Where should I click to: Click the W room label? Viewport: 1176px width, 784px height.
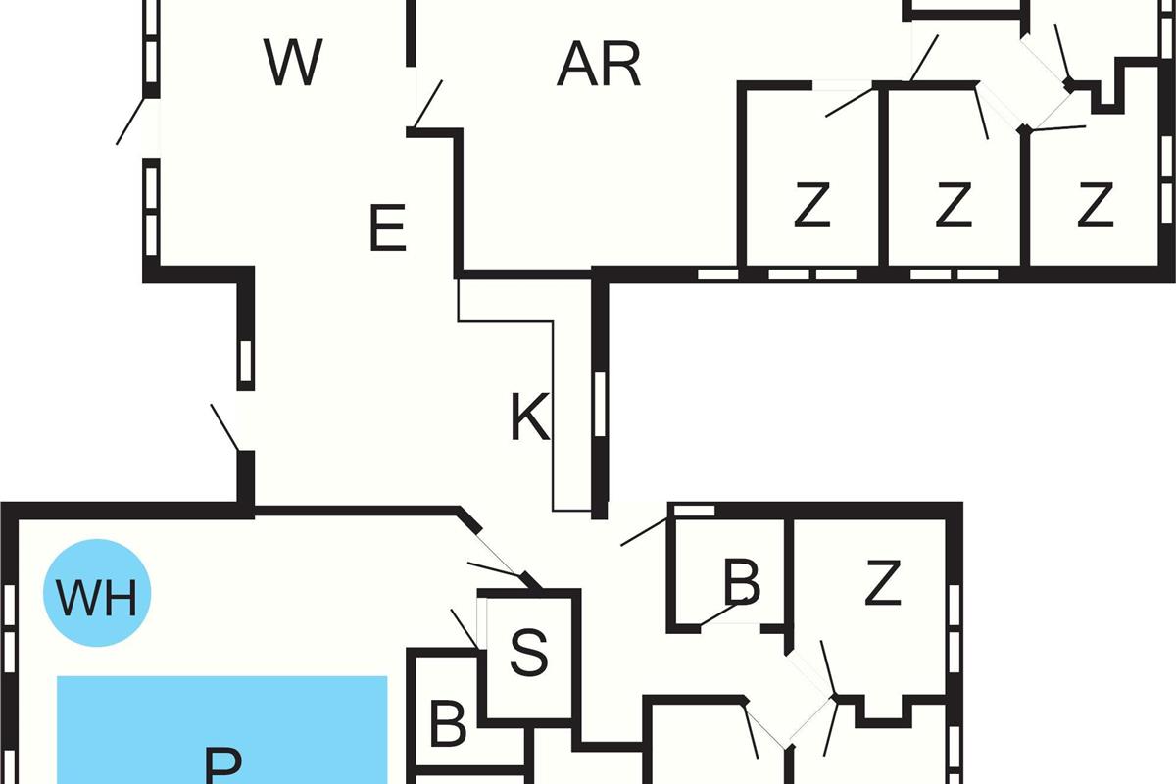(x=293, y=63)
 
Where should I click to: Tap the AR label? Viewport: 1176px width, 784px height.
(x=598, y=65)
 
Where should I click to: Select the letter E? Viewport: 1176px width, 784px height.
(x=388, y=231)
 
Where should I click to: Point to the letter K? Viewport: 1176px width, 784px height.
(x=530, y=418)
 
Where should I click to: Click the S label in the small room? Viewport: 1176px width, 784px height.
(x=529, y=654)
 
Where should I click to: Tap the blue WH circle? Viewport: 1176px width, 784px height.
(x=97, y=595)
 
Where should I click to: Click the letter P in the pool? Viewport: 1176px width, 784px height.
(x=223, y=764)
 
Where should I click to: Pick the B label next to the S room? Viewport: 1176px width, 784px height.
(x=448, y=725)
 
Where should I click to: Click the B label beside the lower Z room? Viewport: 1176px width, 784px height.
(x=741, y=583)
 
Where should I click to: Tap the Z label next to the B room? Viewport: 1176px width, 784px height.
(x=883, y=585)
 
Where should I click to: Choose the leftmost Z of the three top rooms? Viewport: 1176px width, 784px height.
(x=811, y=206)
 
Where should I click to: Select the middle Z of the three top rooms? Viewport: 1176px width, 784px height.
(x=952, y=206)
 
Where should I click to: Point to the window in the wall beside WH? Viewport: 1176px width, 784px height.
(x=10, y=627)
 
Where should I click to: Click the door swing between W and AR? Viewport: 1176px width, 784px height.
(x=427, y=104)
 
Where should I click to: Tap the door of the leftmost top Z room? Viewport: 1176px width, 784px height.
(x=849, y=102)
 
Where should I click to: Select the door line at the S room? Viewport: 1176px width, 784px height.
(x=465, y=628)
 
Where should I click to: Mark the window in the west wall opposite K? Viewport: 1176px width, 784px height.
(x=246, y=361)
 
